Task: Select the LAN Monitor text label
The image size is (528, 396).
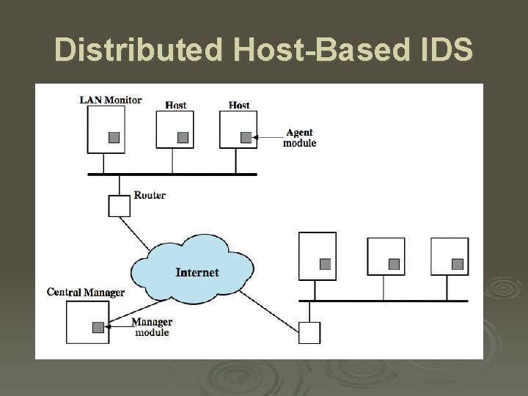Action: [111, 100]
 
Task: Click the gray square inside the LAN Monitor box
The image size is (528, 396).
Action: [114, 137]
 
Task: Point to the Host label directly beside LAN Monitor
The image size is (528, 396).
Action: [175, 105]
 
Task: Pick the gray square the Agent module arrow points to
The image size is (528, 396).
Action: [246, 137]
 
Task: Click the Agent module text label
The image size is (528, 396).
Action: [299, 138]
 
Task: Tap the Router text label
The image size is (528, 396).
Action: [150, 195]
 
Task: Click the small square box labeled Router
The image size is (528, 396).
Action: [119, 206]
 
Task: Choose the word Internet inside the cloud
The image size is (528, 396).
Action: [197, 273]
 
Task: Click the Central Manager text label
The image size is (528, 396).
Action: [85, 293]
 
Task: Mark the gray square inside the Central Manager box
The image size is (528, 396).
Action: [98, 327]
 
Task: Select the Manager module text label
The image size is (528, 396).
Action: [152, 327]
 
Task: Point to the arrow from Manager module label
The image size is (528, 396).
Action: [117, 327]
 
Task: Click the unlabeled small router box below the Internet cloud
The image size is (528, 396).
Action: [309, 333]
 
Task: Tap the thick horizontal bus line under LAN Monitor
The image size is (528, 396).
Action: [172, 175]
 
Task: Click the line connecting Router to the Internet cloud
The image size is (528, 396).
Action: [140, 234]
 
